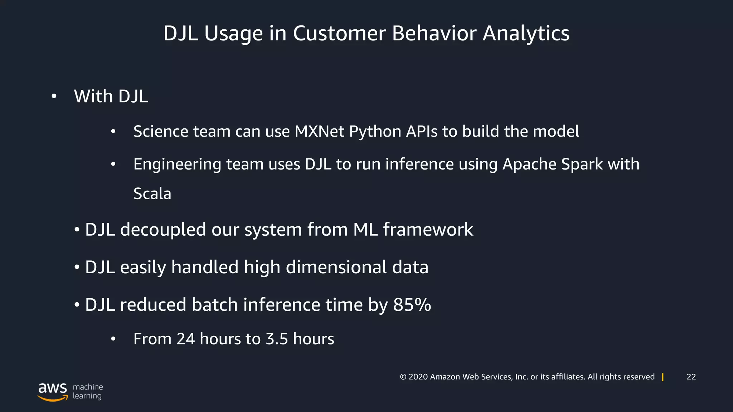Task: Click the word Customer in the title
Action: (339, 33)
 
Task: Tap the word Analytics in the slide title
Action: (526, 33)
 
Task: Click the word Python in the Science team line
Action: (375, 132)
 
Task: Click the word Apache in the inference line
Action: (529, 165)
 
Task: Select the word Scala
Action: (152, 194)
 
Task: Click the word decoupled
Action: (163, 230)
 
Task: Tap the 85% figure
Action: (412, 305)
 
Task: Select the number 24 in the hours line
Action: (185, 339)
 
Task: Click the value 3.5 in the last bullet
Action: (277, 339)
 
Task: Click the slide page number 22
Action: (691, 377)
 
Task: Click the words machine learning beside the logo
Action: (88, 391)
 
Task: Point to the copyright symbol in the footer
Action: (403, 377)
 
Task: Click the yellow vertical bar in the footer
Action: (663, 377)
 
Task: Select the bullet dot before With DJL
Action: (54, 97)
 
